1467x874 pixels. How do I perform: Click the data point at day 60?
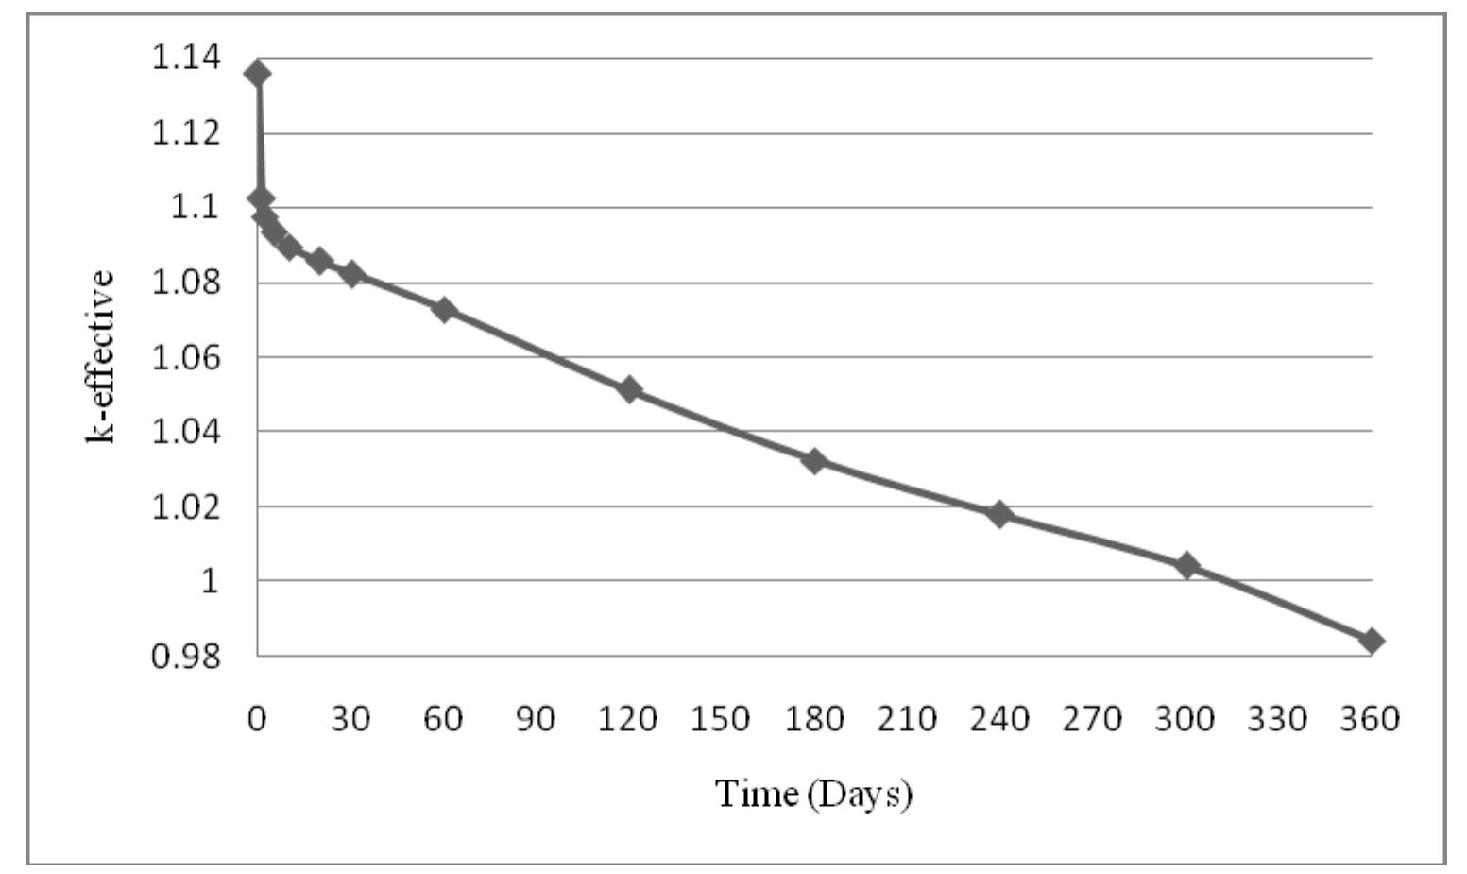(x=443, y=309)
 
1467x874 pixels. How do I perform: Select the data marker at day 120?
(x=629, y=389)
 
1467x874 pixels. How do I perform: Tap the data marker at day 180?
(x=814, y=461)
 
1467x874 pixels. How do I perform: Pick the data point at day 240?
(x=999, y=514)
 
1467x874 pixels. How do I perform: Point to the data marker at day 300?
(x=1186, y=565)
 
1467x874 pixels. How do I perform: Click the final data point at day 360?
(x=1372, y=641)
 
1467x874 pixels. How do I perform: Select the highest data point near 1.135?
(x=256, y=73)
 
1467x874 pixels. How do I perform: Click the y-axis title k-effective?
(x=101, y=357)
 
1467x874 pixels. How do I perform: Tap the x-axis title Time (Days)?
(x=813, y=793)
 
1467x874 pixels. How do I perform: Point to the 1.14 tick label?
(x=186, y=58)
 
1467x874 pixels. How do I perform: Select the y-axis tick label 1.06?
(x=186, y=356)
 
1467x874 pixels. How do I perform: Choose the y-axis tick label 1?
(x=210, y=580)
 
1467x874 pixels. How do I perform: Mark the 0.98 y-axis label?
(x=186, y=655)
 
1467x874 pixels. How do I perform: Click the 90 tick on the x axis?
(x=536, y=720)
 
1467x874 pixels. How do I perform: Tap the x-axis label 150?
(x=722, y=720)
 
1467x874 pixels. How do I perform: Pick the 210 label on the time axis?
(x=907, y=720)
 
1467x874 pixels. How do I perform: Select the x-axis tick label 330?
(x=1279, y=720)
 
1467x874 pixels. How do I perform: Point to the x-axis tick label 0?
(x=256, y=720)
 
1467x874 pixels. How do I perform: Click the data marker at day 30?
(x=351, y=275)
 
